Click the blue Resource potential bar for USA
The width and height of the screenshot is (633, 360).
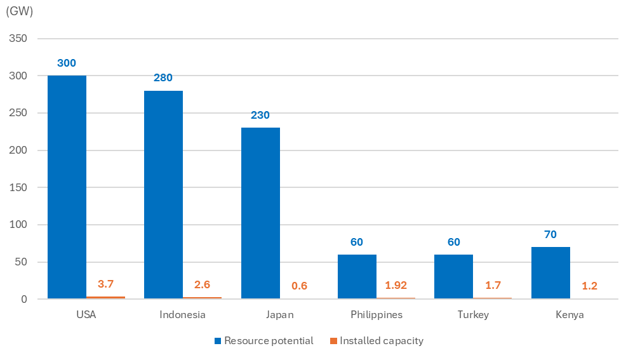point(67,187)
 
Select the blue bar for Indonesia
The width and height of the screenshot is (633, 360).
point(163,195)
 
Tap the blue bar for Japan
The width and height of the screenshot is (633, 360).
point(260,213)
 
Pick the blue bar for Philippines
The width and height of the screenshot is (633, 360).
point(357,277)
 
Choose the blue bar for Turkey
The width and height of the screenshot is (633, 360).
point(453,277)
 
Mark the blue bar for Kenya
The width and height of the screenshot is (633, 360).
point(550,273)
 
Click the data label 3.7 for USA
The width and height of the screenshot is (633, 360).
point(105,284)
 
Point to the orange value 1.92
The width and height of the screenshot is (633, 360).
point(396,286)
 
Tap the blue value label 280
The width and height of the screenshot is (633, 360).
point(163,78)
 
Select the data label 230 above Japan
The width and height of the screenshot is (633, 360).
point(260,116)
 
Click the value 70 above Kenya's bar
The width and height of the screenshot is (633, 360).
point(550,234)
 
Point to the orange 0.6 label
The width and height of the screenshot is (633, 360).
point(299,286)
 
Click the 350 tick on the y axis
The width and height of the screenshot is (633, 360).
point(18,39)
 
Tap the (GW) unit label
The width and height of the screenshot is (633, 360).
point(19,11)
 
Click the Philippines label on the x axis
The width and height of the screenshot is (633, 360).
point(376,315)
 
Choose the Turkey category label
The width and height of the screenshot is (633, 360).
point(473,315)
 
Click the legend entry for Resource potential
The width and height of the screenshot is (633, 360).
point(263,341)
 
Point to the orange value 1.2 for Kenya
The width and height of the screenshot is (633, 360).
point(589,286)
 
